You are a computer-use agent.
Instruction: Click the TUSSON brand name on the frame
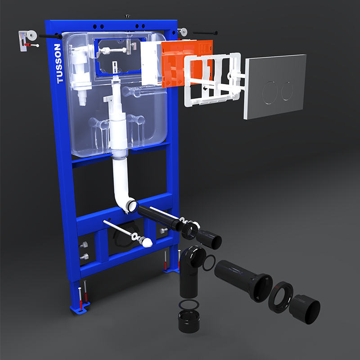click(58, 63)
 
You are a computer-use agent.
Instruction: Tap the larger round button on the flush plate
click(270, 92)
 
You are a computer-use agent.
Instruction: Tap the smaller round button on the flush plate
click(287, 91)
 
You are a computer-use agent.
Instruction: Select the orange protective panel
click(186, 63)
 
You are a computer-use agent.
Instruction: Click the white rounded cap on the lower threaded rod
click(147, 242)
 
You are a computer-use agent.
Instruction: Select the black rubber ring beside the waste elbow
click(209, 263)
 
